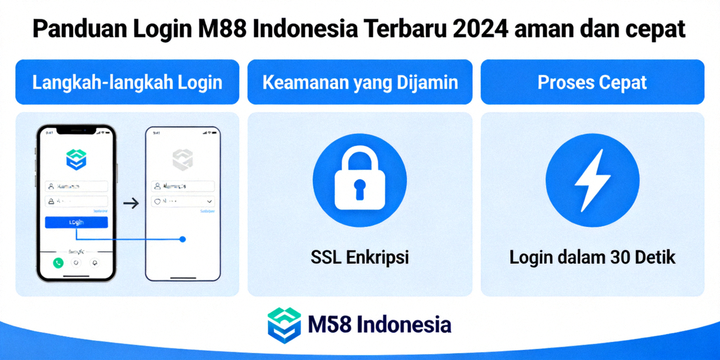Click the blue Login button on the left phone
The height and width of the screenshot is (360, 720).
pyautogui.click(x=76, y=222)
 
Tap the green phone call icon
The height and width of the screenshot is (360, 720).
pyautogui.click(x=58, y=263)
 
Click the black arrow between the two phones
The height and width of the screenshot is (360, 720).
pyautogui.click(x=130, y=203)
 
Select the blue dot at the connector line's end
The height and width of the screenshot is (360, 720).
pyautogui.click(x=182, y=239)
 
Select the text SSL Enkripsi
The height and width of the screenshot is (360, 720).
pyautogui.click(x=359, y=258)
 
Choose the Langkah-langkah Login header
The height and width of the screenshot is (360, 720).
pyautogui.click(x=127, y=82)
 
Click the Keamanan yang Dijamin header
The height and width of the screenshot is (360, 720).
pyautogui.click(x=359, y=82)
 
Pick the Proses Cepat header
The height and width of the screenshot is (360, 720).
pyautogui.click(x=592, y=82)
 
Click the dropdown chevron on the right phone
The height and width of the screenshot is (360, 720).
pyautogui.click(x=209, y=202)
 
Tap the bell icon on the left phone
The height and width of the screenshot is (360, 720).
pyautogui.click(x=94, y=263)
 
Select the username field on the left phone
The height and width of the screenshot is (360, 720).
pyautogui.click(x=76, y=187)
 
